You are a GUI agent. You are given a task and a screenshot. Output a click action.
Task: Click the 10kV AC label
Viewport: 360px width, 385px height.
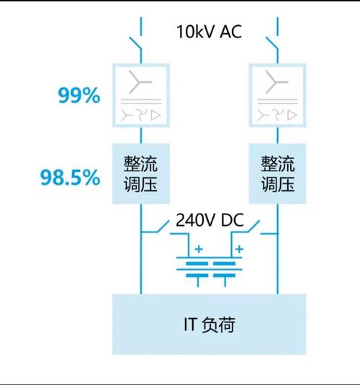click(209, 32)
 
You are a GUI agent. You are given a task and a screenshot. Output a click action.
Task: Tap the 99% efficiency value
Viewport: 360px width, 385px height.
click(79, 95)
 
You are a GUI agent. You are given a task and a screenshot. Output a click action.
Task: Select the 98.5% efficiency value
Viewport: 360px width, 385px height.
click(70, 177)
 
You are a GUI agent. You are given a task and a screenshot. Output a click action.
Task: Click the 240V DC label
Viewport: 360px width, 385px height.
click(210, 219)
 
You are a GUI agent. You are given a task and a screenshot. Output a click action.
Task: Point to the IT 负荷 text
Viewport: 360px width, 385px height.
click(210, 325)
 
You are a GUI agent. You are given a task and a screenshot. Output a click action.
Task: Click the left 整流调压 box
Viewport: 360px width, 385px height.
click(141, 173)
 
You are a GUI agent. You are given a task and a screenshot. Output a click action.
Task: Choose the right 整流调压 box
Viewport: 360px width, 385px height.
click(277, 173)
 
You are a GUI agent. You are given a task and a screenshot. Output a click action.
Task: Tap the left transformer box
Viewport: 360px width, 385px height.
click(141, 95)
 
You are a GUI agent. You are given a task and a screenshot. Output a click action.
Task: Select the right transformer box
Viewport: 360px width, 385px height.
click(277, 95)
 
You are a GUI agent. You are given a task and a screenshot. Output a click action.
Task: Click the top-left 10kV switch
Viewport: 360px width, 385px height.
click(135, 44)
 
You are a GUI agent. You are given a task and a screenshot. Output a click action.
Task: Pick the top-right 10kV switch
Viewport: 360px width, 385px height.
click(272, 44)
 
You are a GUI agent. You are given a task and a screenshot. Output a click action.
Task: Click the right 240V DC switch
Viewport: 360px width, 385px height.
click(254, 226)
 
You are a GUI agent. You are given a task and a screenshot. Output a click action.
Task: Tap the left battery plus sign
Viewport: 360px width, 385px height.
click(199, 249)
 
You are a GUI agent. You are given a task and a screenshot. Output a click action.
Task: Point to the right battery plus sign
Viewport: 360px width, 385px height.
click(239, 249)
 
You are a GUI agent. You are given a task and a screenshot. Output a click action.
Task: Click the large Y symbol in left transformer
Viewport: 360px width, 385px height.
click(140, 82)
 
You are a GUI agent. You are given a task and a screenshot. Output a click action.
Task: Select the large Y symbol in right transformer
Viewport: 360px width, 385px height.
click(276, 82)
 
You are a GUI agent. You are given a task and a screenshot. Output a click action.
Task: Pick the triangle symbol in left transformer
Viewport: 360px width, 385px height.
click(156, 115)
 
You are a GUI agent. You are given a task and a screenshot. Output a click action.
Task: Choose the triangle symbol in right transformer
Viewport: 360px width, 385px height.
click(292, 115)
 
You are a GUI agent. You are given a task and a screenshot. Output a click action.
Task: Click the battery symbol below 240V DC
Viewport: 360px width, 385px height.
click(210, 269)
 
